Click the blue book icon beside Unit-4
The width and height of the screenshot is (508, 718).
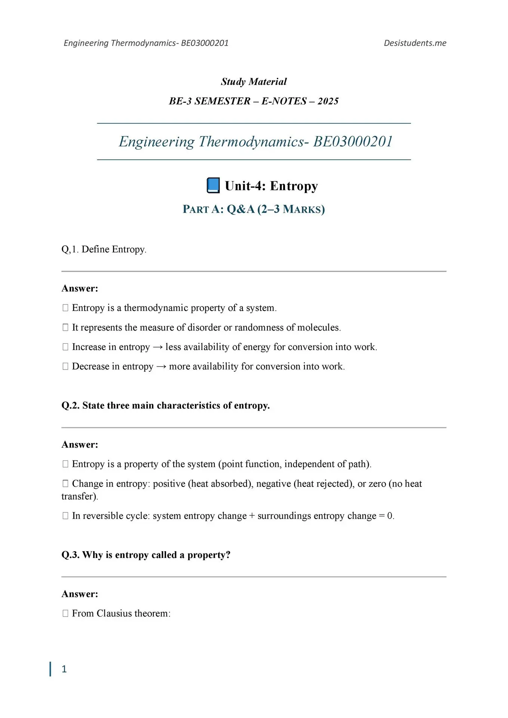click(213, 185)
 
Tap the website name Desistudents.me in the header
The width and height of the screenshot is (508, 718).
click(415, 43)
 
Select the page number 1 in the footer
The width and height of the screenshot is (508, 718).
click(64, 669)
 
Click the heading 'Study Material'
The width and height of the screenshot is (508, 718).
click(254, 82)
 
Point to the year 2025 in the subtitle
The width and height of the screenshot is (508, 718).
click(328, 101)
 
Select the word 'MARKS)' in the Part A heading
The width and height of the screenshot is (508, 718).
click(304, 209)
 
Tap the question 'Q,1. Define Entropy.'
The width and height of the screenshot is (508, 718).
click(104, 249)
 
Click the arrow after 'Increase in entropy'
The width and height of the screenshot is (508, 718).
click(158, 347)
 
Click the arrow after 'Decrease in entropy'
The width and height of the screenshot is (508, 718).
click(161, 367)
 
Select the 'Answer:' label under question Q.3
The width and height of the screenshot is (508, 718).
click(80, 594)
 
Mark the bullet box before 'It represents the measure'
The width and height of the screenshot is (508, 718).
click(65, 328)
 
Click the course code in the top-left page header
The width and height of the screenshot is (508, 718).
click(205, 43)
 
